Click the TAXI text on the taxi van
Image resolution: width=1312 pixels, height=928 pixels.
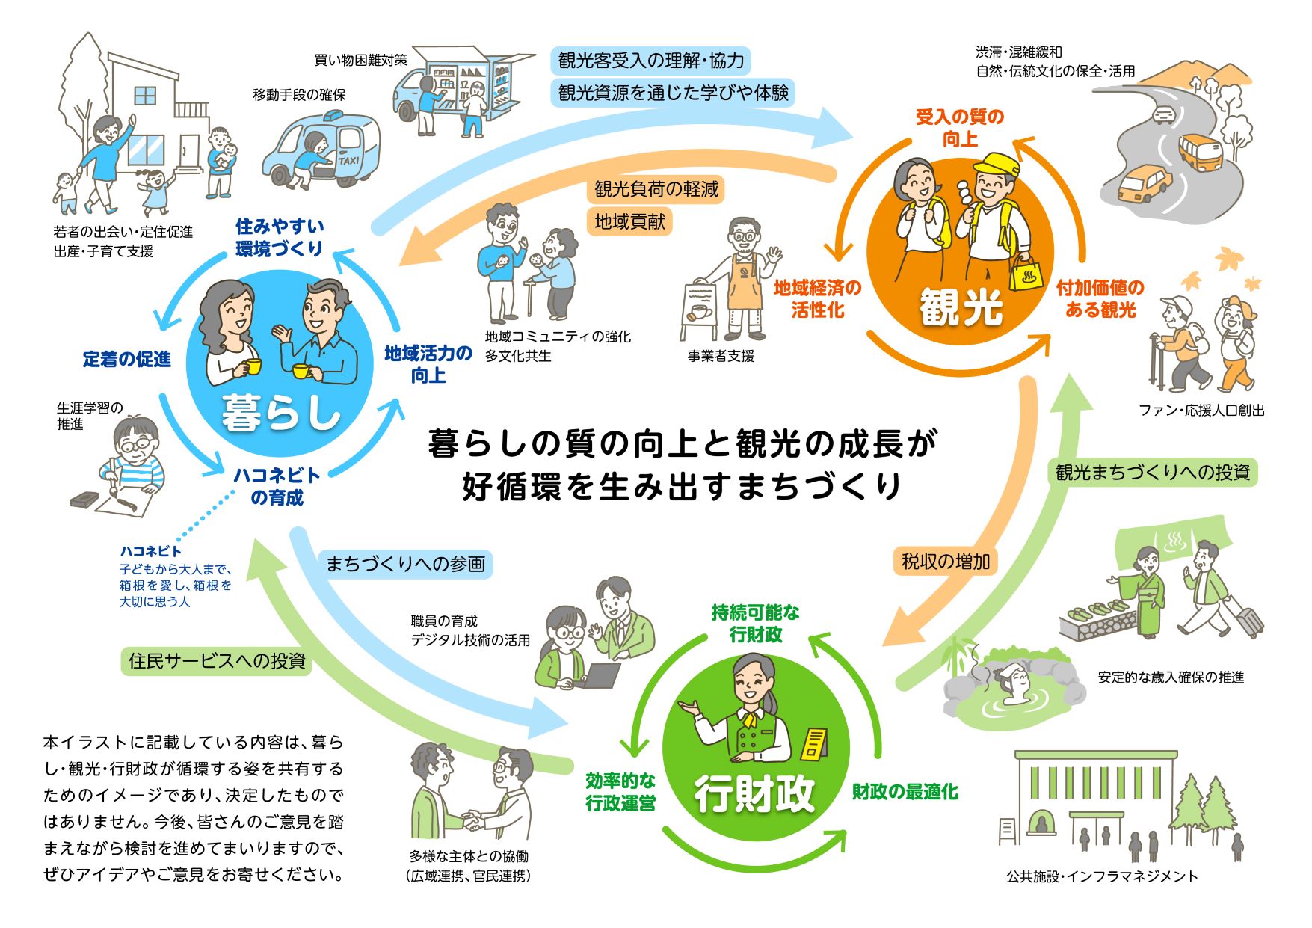coord(348,160)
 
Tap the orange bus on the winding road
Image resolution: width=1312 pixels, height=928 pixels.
coord(1201,152)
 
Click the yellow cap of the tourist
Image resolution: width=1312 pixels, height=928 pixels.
coord(997,165)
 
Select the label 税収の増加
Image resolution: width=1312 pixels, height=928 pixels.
coord(945,561)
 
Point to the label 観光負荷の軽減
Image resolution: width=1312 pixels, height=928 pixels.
coord(656,189)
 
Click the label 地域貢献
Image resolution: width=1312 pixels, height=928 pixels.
coord(629,221)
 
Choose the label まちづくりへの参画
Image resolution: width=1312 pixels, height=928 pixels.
coord(406,564)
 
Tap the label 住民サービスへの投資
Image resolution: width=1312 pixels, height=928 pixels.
coord(217,661)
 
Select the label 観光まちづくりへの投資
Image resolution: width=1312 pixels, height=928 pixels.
coord(1152,473)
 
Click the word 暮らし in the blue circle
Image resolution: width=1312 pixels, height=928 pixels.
coord(280,412)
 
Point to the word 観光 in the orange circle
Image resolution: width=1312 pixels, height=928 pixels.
coord(961,307)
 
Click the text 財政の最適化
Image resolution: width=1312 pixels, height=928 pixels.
coord(905,792)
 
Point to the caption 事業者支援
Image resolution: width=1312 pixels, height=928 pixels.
coord(721,356)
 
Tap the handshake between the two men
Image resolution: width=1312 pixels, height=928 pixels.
coord(473,820)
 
